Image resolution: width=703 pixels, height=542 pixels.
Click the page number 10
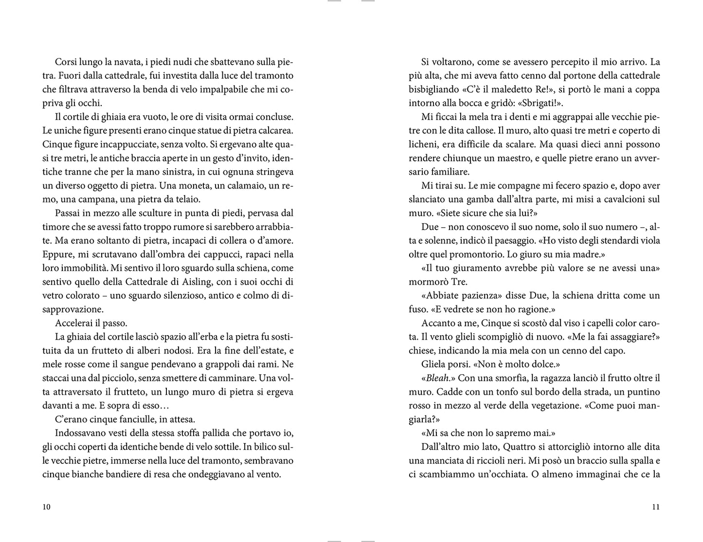47,507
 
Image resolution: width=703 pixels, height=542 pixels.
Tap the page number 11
655,507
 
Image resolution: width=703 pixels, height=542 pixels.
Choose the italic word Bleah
437,378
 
